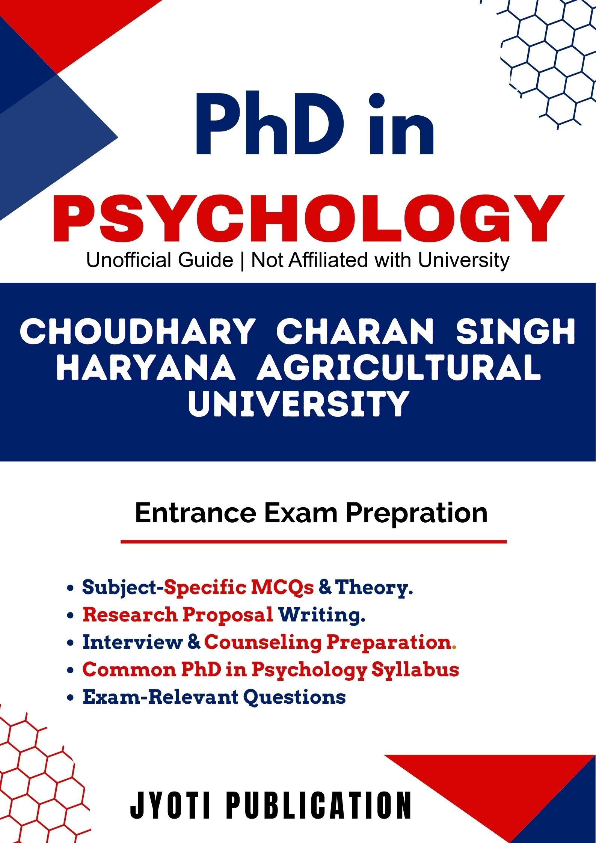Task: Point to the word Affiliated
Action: click(329, 260)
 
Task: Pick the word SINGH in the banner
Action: click(515, 331)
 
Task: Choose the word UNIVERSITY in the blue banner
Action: click(298, 404)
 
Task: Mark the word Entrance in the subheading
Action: click(195, 513)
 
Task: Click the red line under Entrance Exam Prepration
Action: click(314, 542)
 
